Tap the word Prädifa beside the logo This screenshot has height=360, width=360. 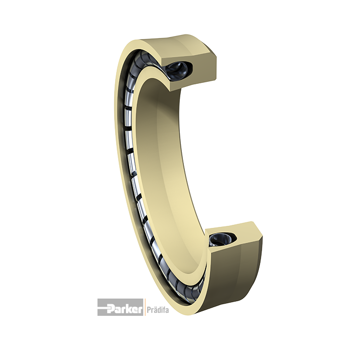(x=157, y=310)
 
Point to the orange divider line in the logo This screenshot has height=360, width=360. (x=144, y=307)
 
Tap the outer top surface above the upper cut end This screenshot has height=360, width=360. (x=175, y=44)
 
